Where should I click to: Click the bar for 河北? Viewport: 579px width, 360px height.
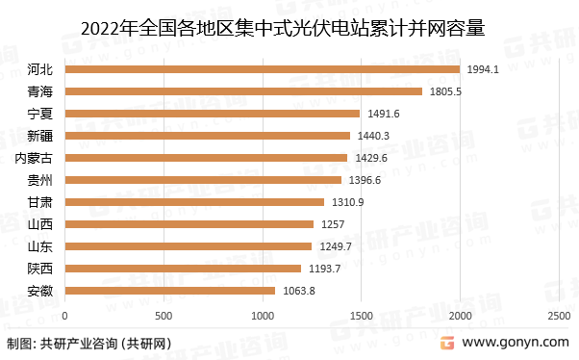(262, 69)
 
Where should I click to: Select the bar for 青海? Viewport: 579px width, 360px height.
(243, 91)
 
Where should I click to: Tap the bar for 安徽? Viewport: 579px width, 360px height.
(169, 290)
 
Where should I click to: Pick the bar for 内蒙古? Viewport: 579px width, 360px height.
(206, 158)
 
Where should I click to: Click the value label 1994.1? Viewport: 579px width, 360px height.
(483, 69)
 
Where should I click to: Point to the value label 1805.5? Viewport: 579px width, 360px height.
(446, 91)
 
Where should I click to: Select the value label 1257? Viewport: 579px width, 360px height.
(332, 224)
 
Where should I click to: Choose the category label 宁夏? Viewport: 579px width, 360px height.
(40, 114)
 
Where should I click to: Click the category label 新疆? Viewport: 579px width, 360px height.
(40, 136)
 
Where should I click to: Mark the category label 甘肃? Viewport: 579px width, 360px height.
(40, 202)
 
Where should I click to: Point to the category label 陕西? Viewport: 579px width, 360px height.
(40, 269)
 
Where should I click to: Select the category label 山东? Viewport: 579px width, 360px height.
(40, 246)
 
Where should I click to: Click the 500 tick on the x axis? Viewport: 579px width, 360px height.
(164, 316)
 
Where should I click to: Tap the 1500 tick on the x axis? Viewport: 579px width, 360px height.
(361, 316)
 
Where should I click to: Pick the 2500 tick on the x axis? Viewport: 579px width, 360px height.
(558, 316)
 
